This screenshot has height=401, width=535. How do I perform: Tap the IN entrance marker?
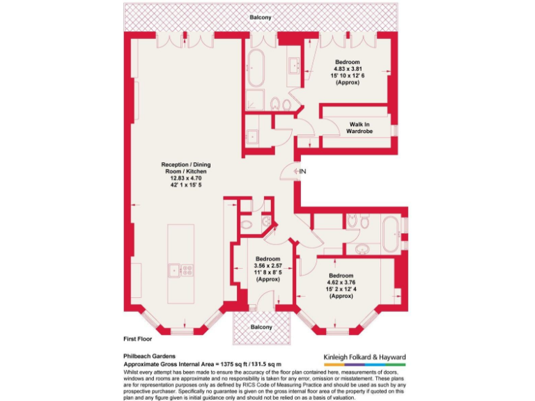click(x=302, y=171)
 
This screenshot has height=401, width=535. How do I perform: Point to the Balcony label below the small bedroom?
click(x=261, y=327)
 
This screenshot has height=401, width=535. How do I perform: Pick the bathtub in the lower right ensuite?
click(x=389, y=233)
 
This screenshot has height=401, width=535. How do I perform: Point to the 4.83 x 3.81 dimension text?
click(x=346, y=68)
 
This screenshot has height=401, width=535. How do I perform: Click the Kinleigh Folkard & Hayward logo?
click(x=364, y=359)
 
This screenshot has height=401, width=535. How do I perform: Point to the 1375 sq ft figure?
click(x=235, y=363)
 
